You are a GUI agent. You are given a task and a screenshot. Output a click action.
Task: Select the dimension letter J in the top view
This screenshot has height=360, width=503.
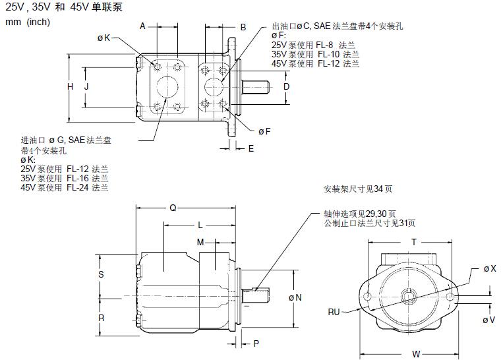tap(86, 86)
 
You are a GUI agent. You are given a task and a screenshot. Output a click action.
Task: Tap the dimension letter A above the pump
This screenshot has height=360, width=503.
tap(142, 26)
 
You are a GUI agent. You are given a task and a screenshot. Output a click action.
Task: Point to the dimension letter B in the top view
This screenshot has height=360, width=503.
tap(243, 27)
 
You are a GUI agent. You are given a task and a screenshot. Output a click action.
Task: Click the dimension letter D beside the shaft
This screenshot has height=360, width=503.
tap(286, 86)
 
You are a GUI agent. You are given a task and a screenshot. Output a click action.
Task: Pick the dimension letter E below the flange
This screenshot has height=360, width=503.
tap(251, 148)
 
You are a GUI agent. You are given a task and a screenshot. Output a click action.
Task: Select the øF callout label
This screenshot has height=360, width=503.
tap(264, 131)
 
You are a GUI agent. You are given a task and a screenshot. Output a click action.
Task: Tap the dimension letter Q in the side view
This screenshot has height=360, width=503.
tap(173, 208)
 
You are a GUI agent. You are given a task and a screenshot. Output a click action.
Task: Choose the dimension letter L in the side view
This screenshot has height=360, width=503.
tap(200, 225)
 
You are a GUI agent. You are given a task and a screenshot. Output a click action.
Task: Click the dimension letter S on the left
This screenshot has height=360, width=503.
tap(101, 274)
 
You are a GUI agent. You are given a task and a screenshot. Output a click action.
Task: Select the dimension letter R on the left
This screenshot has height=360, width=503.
tap(101, 317)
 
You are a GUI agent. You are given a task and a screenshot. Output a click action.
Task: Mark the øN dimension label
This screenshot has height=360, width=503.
tap(295, 297)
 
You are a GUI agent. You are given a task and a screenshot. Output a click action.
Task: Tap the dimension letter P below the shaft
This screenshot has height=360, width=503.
tap(256, 344)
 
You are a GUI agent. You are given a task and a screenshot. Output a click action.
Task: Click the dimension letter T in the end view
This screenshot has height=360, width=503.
tap(413, 242)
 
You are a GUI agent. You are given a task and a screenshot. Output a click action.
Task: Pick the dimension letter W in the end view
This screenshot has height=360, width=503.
tap(416, 354)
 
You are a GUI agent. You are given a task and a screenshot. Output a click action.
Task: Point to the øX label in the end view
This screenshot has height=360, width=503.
tap(488, 268)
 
